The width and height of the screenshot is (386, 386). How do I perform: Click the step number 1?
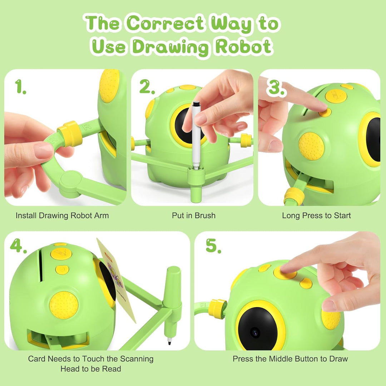pyautogui.click(x=20, y=86)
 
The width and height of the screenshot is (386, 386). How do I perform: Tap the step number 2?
pyautogui.click(x=147, y=86)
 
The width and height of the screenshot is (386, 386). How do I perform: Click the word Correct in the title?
pyautogui.click(x=165, y=23)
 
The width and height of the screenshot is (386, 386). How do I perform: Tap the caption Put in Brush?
pyautogui.click(x=194, y=216)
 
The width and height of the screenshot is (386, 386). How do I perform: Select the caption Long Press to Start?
pyautogui.click(x=316, y=216)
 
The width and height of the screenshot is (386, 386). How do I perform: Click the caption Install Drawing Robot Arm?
pyautogui.click(x=62, y=216)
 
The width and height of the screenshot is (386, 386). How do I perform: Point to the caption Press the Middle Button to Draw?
pyautogui.click(x=290, y=359)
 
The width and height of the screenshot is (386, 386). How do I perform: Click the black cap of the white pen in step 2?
pyautogui.click(x=196, y=104)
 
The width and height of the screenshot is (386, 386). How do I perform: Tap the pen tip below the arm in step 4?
pyautogui.click(x=170, y=341)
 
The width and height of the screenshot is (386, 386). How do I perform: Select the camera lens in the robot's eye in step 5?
pyautogui.click(x=255, y=333)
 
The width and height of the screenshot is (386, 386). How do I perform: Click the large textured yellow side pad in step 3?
pyautogui.click(x=311, y=146)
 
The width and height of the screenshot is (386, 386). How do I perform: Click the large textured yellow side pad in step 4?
pyautogui.click(x=64, y=305)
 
